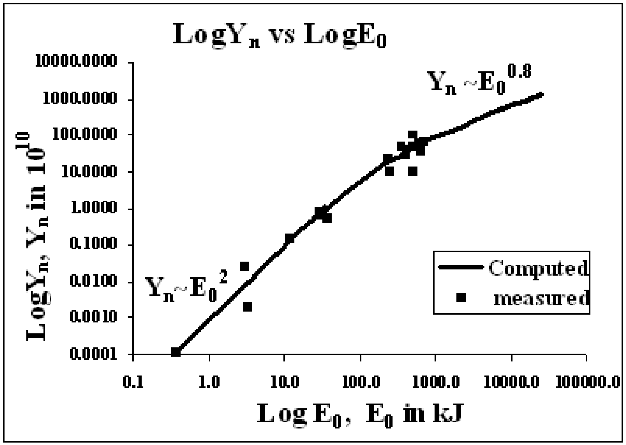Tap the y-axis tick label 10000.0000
pyautogui.click(x=76, y=61)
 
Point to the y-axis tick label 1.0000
pyautogui.click(x=94, y=208)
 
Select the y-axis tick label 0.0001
pyautogui.click(x=93, y=354)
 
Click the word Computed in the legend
pyautogui.click(x=538, y=268)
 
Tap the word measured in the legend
pyautogui.click(x=541, y=298)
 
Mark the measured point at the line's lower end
pyautogui.click(x=176, y=352)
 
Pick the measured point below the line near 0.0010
pyautogui.click(x=247, y=307)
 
